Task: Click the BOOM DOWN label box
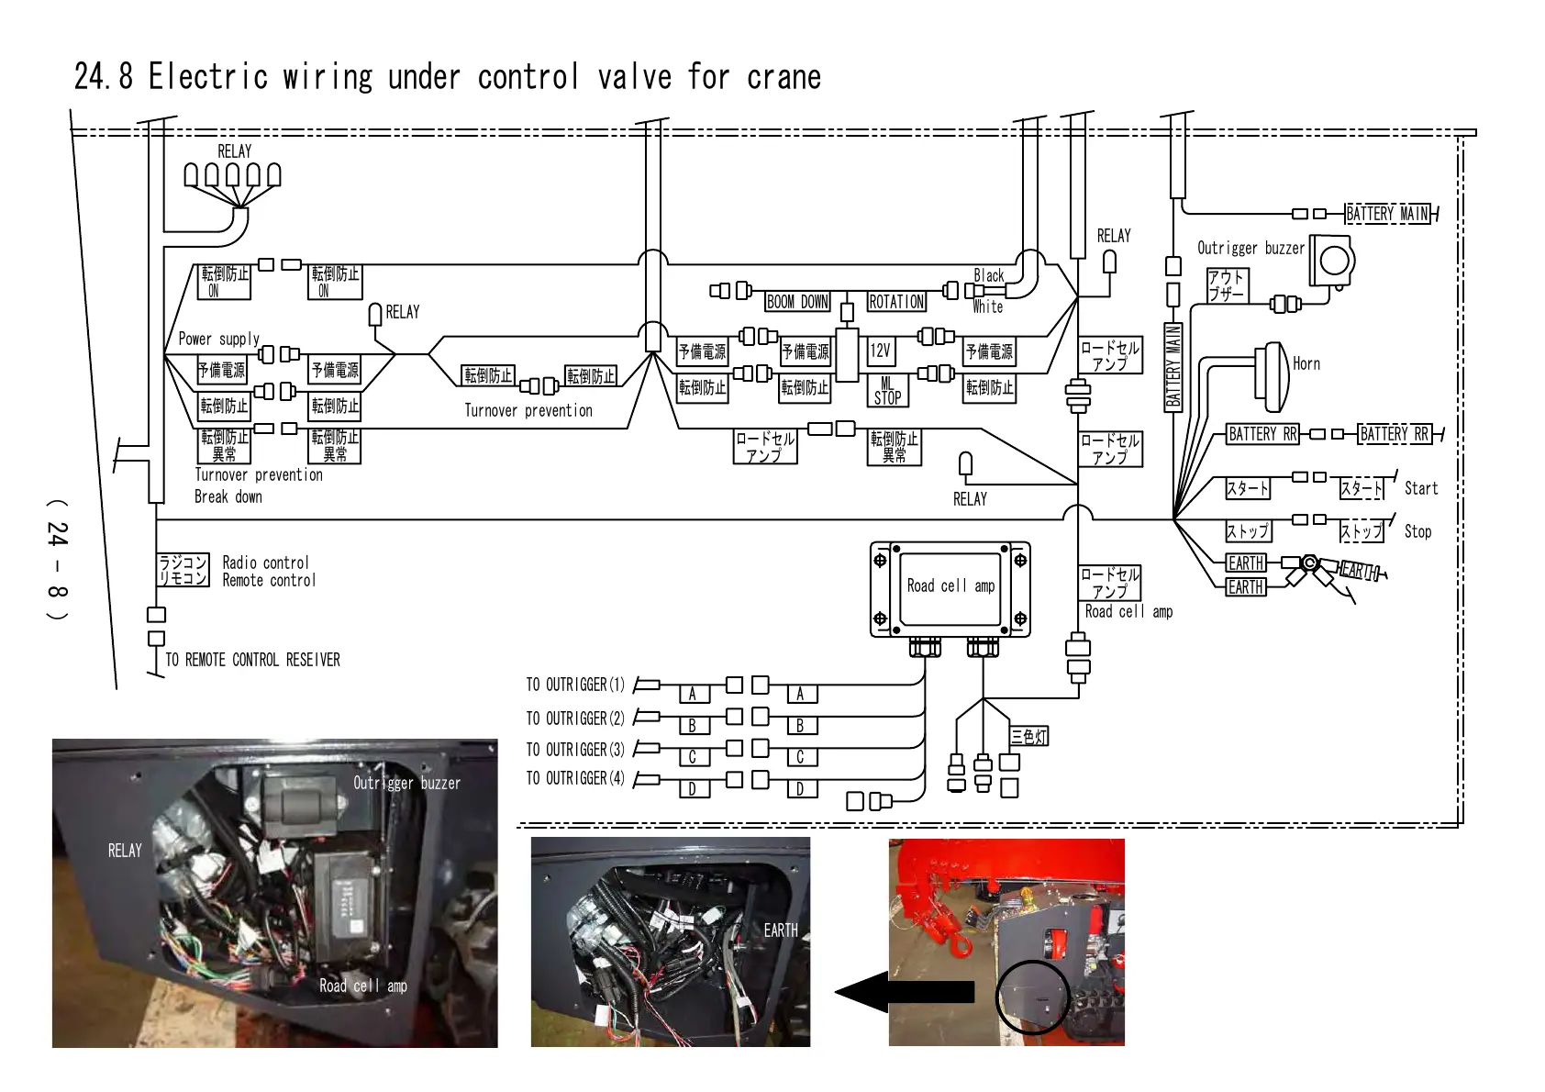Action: [797, 302]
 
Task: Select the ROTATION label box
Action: [896, 302]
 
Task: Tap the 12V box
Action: [880, 351]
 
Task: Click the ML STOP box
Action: [887, 391]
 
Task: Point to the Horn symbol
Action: [1273, 377]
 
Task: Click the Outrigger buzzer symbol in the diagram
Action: [1331, 262]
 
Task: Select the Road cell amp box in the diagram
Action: [950, 587]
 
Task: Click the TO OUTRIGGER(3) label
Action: [575, 750]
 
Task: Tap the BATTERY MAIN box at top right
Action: [1387, 214]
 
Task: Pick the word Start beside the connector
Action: [1420, 489]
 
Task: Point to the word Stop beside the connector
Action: [1417, 531]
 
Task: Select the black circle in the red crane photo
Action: [1033, 997]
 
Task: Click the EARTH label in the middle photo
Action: [781, 930]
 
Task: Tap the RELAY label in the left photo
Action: [125, 851]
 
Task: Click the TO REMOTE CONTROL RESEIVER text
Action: [252, 660]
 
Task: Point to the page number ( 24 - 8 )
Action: [57, 560]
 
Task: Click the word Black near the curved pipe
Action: [988, 275]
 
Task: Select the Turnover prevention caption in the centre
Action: [528, 411]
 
